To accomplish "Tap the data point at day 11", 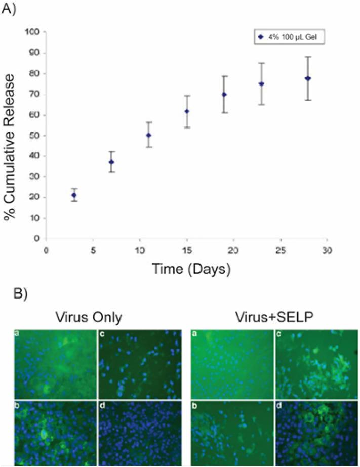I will (149, 135).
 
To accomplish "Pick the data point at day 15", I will (186, 111).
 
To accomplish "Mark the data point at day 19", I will (224, 95).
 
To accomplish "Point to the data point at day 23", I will (262, 84).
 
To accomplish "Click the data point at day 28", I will (308, 78).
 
